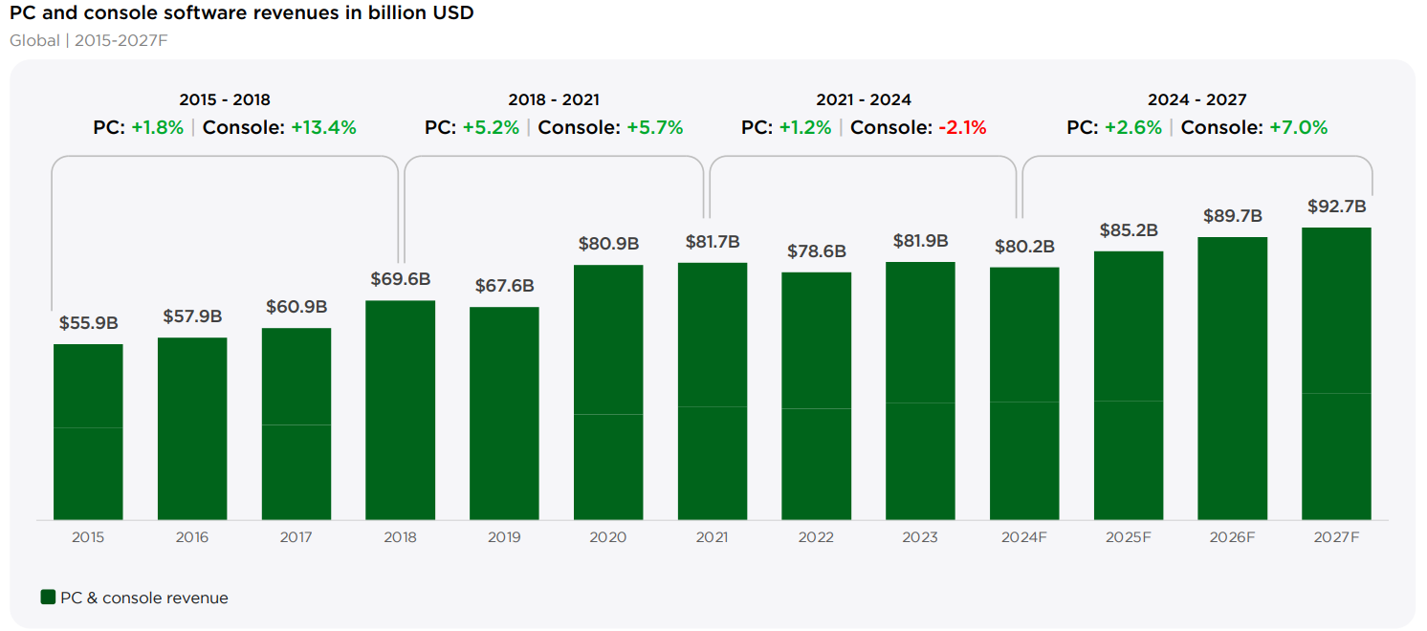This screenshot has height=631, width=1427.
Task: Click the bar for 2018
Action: [x=400, y=410]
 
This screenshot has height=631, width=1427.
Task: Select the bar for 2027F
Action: [x=1336, y=374]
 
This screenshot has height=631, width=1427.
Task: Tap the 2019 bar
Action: [x=504, y=413]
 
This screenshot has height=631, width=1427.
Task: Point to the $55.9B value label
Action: [x=89, y=323]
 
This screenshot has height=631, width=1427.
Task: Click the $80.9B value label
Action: [x=608, y=244]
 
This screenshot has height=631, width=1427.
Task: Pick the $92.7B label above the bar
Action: [x=1336, y=207]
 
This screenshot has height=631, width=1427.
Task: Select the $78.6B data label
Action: [x=816, y=251]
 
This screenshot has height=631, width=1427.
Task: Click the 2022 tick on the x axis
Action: [x=816, y=537]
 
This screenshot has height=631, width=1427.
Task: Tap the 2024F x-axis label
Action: [x=1023, y=537]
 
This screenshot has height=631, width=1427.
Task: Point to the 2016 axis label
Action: [x=191, y=537]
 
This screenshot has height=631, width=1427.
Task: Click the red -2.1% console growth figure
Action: [x=962, y=128]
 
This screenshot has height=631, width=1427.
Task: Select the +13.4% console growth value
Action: [x=323, y=128]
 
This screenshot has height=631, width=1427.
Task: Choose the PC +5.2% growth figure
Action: [x=491, y=128]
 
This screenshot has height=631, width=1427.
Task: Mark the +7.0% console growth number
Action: [x=1298, y=128]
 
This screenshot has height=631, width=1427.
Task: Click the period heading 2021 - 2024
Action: [x=864, y=100]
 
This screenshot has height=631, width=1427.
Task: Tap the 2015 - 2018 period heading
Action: [x=224, y=100]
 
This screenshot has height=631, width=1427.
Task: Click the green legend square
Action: [x=48, y=597]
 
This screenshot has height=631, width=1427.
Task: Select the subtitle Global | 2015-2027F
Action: [x=89, y=41]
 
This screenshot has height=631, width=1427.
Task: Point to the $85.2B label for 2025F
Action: [x=1129, y=229]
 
